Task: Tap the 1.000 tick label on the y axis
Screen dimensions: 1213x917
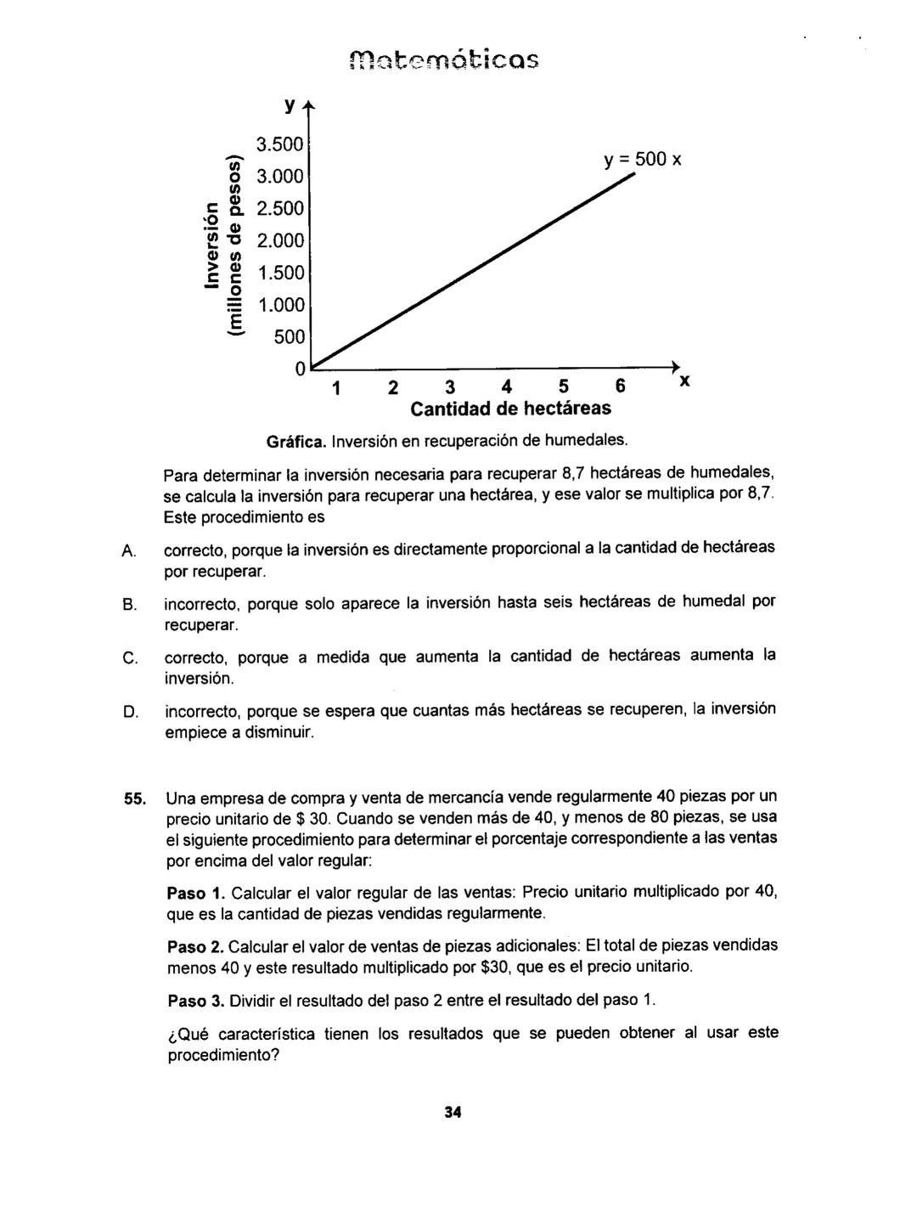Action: coord(281,305)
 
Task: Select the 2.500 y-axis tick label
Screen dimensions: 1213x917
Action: coord(281,209)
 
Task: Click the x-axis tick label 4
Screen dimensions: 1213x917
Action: coord(507,387)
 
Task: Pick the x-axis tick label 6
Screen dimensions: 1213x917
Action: coord(621,387)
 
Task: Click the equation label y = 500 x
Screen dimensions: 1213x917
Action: coord(644,160)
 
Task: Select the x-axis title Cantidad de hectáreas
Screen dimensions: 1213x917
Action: coord(510,409)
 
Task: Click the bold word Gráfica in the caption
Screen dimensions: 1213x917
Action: coord(295,441)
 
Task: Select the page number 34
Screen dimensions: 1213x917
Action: coord(452,1113)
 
